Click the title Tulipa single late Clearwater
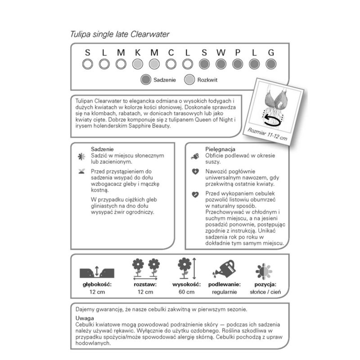(x=120, y=34)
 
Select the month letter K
(x=137, y=53)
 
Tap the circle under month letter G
(x=271, y=64)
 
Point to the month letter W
(x=220, y=53)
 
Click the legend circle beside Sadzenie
(x=145, y=80)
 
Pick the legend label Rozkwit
(x=207, y=80)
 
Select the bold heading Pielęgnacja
(x=208, y=148)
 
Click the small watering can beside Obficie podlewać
(x=195, y=156)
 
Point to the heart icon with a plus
(x=195, y=171)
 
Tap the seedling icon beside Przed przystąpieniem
(x=81, y=171)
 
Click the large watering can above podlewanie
(x=224, y=269)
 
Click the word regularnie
(x=224, y=292)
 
